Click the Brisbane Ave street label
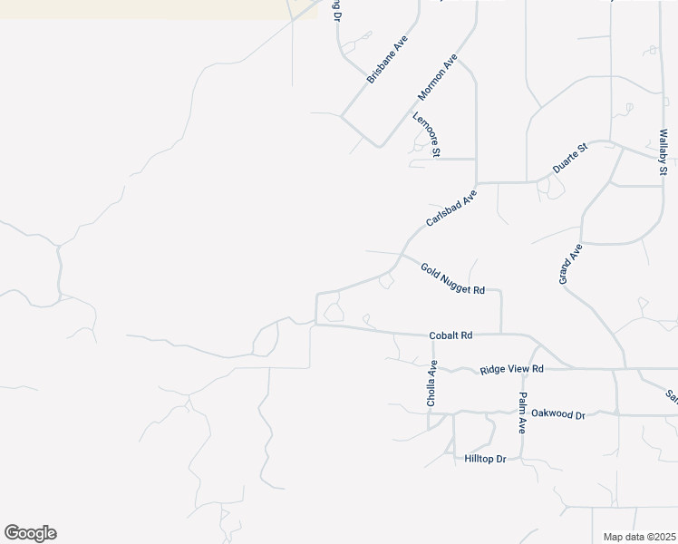click(x=385, y=61)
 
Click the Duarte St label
click(x=571, y=158)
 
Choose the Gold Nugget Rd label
click(x=453, y=278)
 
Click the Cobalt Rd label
click(x=451, y=335)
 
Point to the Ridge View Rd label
click(x=512, y=369)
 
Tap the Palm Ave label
click(x=523, y=413)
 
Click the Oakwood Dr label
click(x=558, y=414)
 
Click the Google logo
click(x=30, y=533)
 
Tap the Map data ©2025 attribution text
click(x=640, y=537)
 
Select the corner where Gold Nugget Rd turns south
click(x=501, y=293)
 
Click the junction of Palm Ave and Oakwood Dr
click(x=524, y=413)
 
